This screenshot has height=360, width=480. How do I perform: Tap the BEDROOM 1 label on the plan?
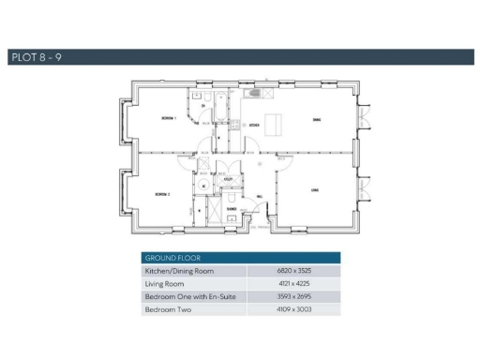pyautogui.click(x=169, y=118)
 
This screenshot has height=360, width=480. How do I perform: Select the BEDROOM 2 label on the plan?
pyautogui.click(x=161, y=194)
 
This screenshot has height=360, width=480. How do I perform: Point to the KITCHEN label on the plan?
pyautogui.click(x=253, y=124)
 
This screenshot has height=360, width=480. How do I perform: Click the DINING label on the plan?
pyautogui.click(x=317, y=120)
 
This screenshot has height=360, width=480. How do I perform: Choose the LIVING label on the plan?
pyautogui.click(x=315, y=190)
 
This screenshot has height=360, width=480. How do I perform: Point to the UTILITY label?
pyautogui.click(x=228, y=176)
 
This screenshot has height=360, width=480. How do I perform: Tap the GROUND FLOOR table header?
pyautogui.click(x=170, y=257)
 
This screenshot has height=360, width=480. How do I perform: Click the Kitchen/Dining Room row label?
pyautogui.click(x=179, y=270)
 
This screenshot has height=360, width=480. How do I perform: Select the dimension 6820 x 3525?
pyautogui.click(x=292, y=270)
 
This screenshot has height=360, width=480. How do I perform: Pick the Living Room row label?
pyautogui.click(x=166, y=283)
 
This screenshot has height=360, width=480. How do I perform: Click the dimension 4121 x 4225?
pyautogui.click(x=292, y=283)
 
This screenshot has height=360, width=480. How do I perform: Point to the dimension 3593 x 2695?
pyautogui.click(x=292, y=296)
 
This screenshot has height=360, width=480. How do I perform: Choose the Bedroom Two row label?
pyautogui.click(x=169, y=309)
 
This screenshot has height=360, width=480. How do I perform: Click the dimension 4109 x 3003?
pyautogui.click(x=292, y=309)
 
